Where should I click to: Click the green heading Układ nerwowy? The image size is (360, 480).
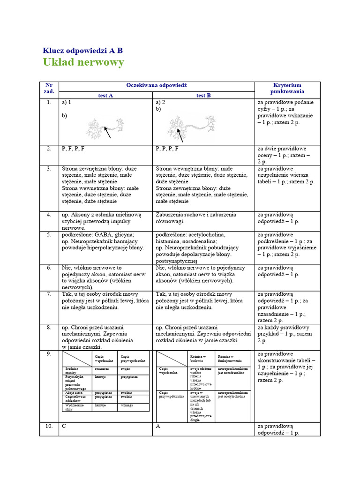coord(83,62)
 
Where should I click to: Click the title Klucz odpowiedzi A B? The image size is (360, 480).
coord(83,51)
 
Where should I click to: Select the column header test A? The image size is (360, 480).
coord(105,95)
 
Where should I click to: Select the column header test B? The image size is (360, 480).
coord(203,95)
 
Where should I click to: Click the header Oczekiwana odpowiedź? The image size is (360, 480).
coord(156,85)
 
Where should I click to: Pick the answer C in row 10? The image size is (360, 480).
coord(64,426)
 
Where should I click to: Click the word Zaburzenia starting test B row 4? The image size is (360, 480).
coord(171,215)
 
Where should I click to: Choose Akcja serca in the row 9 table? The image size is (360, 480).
coord(75,392)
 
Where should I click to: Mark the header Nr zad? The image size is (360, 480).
coord(49,89)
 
